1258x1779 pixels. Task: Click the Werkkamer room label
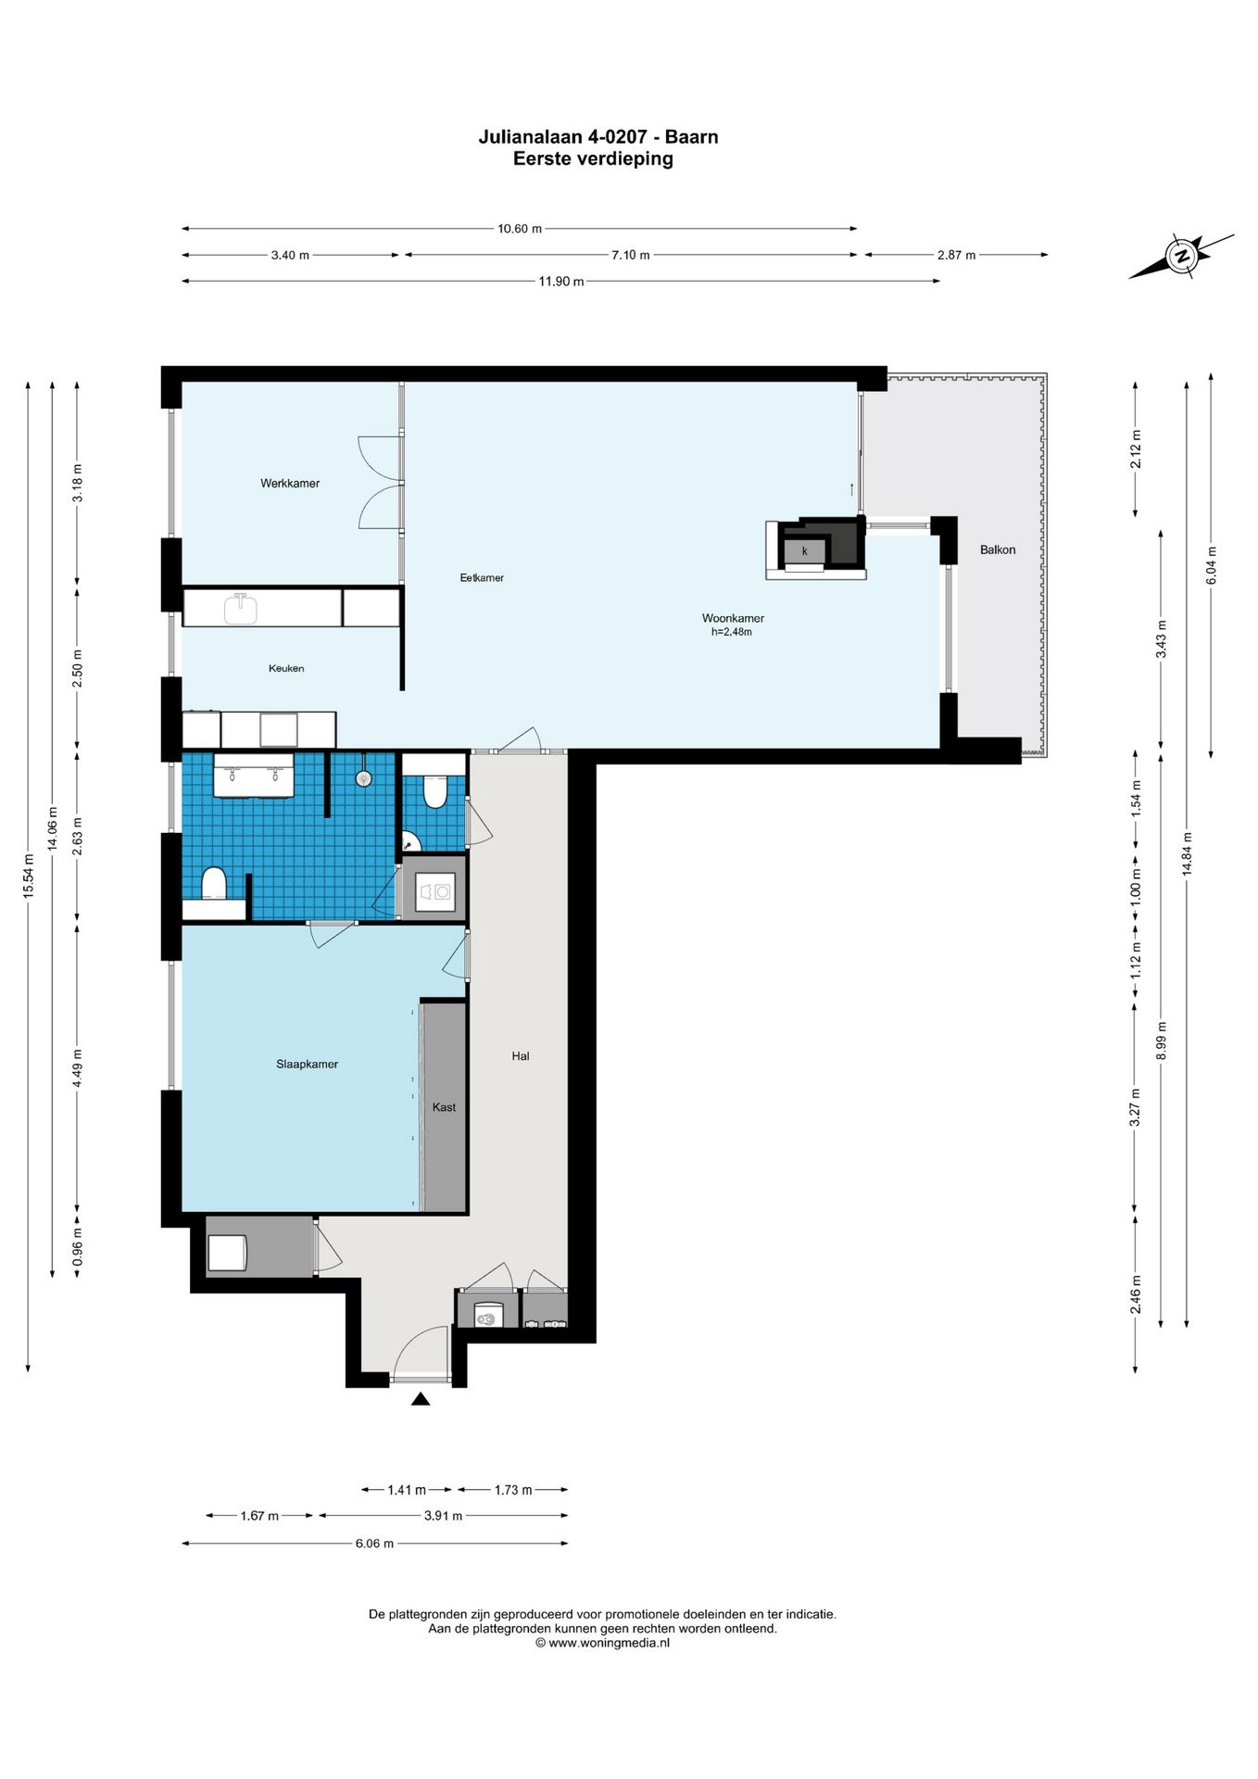(x=290, y=484)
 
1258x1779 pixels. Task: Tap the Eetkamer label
(x=482, y=578)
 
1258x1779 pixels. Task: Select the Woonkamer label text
(x=733, y=619)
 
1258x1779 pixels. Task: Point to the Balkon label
(x=998, y=550)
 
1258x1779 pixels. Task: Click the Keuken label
(x=286, y=669)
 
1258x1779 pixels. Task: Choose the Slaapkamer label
(x=307, y=1065)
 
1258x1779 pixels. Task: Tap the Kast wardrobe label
(x=444, y=1107)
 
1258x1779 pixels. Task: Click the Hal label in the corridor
(x=521, y=1056)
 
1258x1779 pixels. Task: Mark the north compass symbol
(x=1181, y=256)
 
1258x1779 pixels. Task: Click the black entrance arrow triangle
(x=421, y=1399)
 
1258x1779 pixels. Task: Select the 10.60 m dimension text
(x=520, y=229)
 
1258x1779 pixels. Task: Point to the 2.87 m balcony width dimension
(x=957, y=255)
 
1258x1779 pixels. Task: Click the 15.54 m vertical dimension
(x=29, y=876)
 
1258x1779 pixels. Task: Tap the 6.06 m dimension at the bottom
(x=374, y=1544)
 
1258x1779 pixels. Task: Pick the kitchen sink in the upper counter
(x=241, y=609)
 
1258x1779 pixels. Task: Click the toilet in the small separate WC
(x=434, y=791)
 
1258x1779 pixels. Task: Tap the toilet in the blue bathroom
(x=214, y=883)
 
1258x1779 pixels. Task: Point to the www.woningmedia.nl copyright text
(x=602, y=1643)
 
